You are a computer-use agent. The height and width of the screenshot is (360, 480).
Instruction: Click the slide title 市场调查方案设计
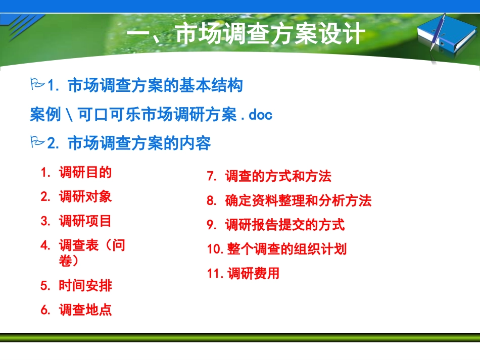tap(246, 35)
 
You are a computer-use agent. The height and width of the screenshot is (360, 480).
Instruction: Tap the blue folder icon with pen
tap(445, 38)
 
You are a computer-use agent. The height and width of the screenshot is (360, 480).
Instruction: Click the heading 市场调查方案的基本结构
tap(155, 85)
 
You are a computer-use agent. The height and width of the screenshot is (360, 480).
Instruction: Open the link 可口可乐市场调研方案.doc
tap(151, 115)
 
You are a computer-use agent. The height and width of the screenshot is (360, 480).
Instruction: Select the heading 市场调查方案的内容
tap(138, 144)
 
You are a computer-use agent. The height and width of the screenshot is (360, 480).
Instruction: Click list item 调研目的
tap(85, 173)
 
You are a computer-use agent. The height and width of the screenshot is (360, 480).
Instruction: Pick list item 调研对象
tap(85, 197)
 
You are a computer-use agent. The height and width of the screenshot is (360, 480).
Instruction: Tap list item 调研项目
tap(85, 221)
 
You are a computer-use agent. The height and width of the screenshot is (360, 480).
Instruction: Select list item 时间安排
tap(85, 286)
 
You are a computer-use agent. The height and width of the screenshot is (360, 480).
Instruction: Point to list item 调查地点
tap(85, 310)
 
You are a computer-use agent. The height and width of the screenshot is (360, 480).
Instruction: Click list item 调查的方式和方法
tap(278, 177)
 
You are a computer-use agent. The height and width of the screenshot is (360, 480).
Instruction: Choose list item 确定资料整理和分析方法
tap(298, 201)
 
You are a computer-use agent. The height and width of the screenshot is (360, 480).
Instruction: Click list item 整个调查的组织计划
tap(287, 249)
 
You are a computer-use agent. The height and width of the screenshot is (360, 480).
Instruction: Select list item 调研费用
tap(253, 274)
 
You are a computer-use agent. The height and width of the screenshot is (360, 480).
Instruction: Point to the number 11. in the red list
tap(215, 274)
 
